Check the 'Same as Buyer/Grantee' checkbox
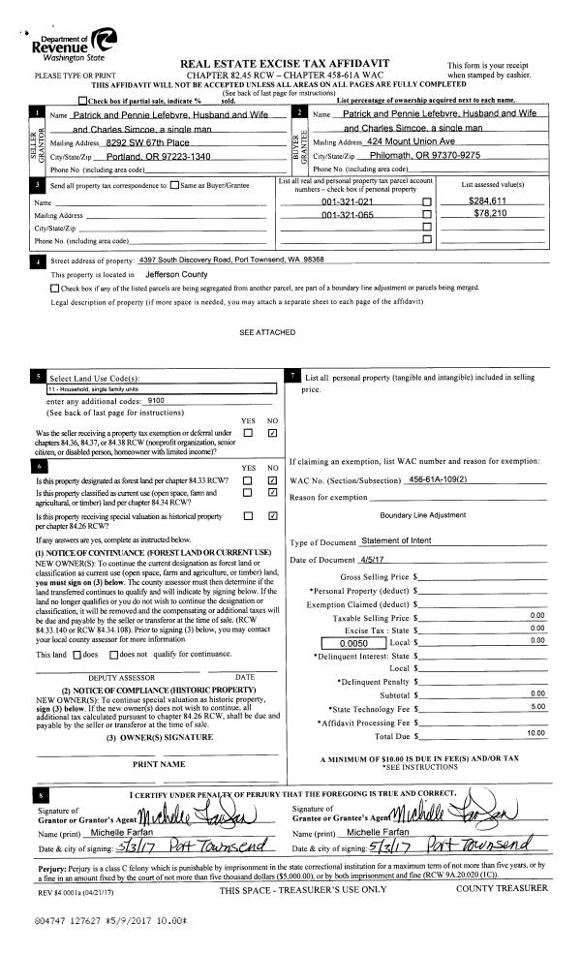173,184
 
